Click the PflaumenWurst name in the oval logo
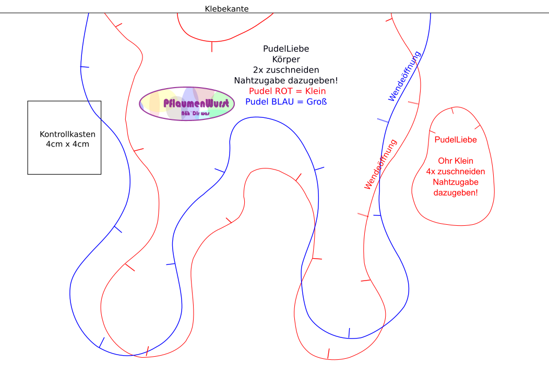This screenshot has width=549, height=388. click(x=196, y=103)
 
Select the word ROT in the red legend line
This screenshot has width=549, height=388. click(x=284, y=91)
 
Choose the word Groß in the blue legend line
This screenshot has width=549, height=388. click(x=317, y=102)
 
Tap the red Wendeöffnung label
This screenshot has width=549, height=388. click(x=381, y=164)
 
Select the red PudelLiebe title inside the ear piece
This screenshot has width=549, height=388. click(x=456, y=140)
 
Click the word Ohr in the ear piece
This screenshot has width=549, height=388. click(x=445, y=161)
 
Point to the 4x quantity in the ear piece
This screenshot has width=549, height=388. click(x=431, y=172)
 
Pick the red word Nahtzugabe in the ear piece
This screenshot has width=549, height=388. click(x=456, y=182)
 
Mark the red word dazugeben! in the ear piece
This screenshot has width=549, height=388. click(x=456, y=193)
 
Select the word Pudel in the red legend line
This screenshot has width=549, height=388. click(x=260, y=91)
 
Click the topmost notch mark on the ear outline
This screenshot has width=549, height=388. click(x=452, y=111)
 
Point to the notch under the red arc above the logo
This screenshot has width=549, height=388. click(x=212, y=47)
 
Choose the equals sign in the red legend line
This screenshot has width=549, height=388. click(x=299, y=91)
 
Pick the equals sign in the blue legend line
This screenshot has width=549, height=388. click(x=301, y=102)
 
